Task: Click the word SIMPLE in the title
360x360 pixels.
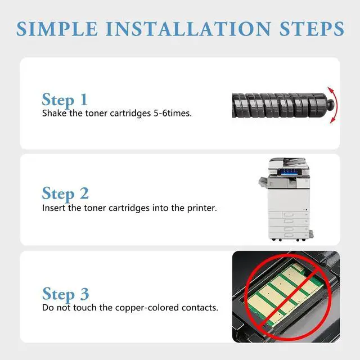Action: pos(57,29)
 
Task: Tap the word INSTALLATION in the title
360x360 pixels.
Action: pos(188,29)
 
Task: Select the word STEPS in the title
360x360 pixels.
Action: pos(312,29)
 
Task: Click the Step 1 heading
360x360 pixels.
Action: pos(65,100)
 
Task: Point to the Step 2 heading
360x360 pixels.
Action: pos(65,193)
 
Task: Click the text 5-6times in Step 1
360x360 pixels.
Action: pos(173,113)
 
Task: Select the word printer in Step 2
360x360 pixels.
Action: pos(202,208)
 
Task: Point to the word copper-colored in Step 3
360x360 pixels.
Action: pos(147,308)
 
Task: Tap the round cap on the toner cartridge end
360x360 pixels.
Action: pos(331,105)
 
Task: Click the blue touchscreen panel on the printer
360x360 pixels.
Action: pos(289,172)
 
